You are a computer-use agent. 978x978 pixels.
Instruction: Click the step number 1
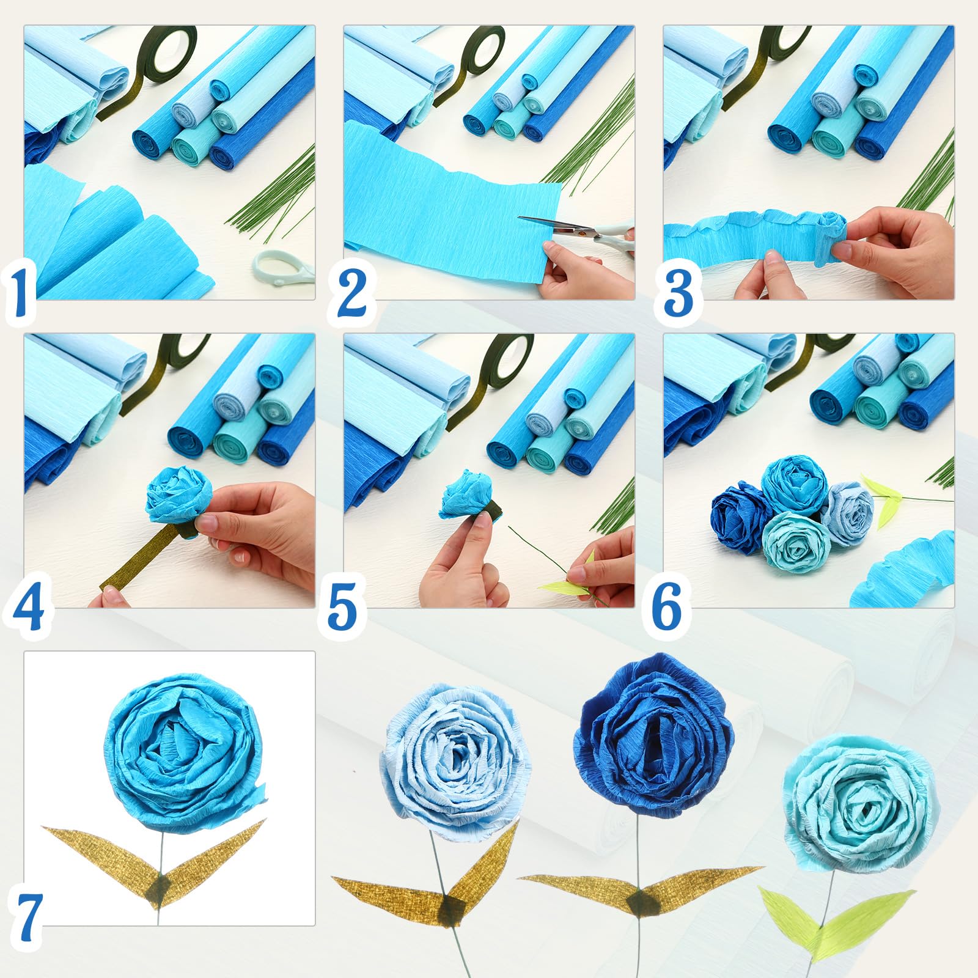[x=21, y=293]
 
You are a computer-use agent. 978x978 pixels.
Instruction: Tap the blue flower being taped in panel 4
[x=179, y=495]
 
